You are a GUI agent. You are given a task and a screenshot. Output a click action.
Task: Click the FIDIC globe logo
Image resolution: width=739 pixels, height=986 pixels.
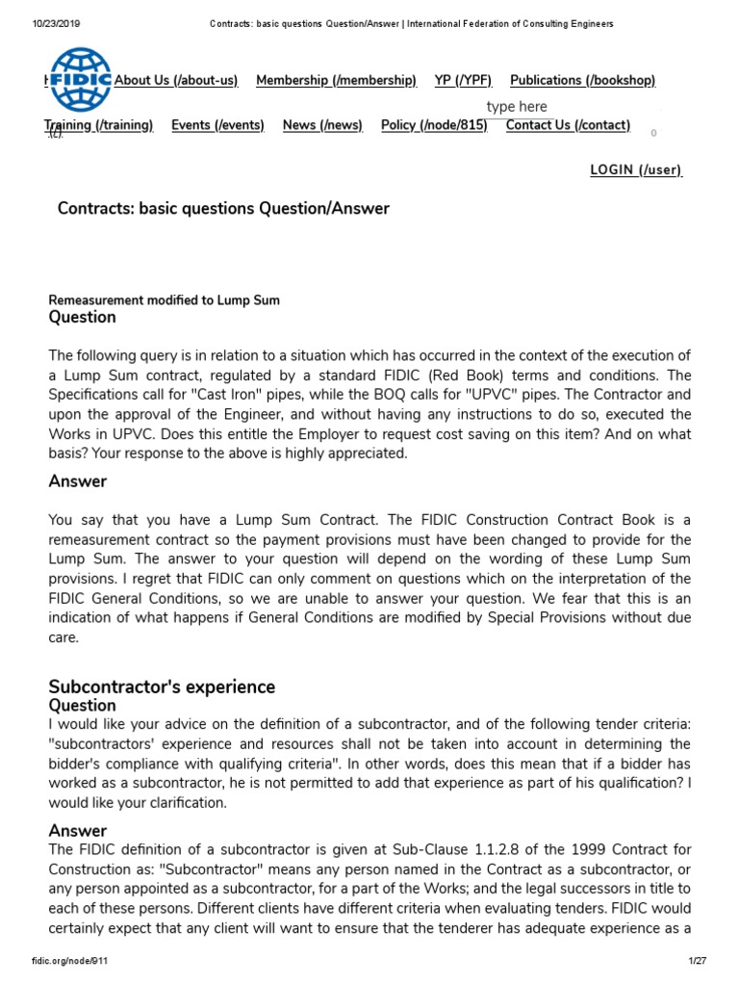81,80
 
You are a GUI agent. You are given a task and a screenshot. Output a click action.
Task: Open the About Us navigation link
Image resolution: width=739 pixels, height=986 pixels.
175,81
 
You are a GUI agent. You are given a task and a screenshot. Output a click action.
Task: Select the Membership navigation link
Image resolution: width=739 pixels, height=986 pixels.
336,81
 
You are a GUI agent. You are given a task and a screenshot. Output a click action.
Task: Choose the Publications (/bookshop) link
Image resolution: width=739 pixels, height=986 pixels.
582,81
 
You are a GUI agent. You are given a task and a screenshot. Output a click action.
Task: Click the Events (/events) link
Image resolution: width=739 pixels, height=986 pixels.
217,125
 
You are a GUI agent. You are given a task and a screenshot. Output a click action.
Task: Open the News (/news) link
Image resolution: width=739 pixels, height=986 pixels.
322,125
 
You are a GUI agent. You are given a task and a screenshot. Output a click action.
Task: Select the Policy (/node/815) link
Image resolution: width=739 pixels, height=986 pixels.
434,125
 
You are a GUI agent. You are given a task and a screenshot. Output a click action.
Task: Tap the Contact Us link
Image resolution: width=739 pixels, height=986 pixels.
568,125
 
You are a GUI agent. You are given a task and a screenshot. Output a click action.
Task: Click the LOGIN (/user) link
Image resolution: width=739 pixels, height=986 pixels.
635,170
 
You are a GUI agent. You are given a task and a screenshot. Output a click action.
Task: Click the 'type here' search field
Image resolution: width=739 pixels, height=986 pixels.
517,107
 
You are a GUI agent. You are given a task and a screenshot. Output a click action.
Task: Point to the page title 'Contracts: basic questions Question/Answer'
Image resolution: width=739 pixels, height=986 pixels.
223,209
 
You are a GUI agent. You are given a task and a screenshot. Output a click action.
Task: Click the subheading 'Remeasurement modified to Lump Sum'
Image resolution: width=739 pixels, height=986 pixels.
165,300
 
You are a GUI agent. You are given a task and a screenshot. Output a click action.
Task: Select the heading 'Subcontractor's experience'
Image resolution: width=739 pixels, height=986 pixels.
162,687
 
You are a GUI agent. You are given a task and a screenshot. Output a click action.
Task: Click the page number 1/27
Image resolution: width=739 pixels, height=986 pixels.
698,962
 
